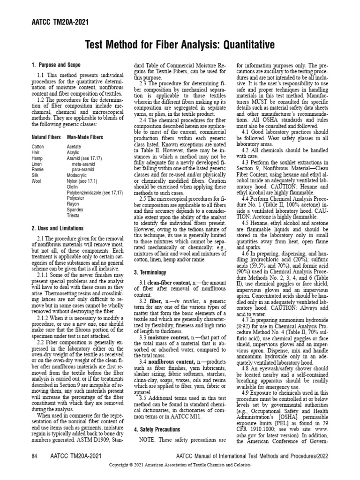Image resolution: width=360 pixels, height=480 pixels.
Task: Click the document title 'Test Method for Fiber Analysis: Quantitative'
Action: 180,45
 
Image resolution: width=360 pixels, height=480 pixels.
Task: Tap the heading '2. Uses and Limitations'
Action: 58,228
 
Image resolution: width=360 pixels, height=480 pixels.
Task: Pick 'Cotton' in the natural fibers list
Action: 38,147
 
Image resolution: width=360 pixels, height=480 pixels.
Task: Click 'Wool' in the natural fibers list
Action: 37,180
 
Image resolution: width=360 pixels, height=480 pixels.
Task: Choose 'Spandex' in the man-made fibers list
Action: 75,210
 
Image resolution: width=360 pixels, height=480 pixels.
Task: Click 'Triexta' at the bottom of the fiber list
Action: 74,216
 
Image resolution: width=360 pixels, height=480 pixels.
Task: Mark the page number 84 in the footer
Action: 34,456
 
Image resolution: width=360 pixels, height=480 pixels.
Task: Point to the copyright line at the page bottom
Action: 180,465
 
